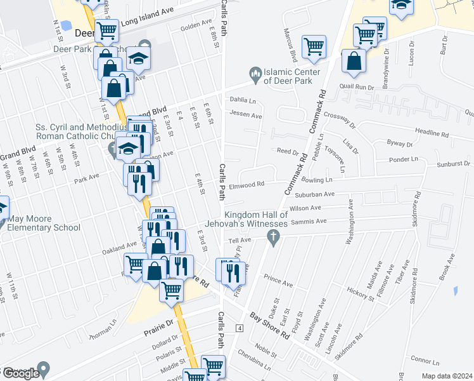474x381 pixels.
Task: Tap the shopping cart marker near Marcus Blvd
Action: coord(314,46)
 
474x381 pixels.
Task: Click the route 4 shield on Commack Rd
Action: coord(240,328)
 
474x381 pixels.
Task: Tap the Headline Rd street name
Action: coord(432,134)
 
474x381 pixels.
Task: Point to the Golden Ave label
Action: coord(194,27)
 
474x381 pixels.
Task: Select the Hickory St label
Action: coord(361,291)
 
